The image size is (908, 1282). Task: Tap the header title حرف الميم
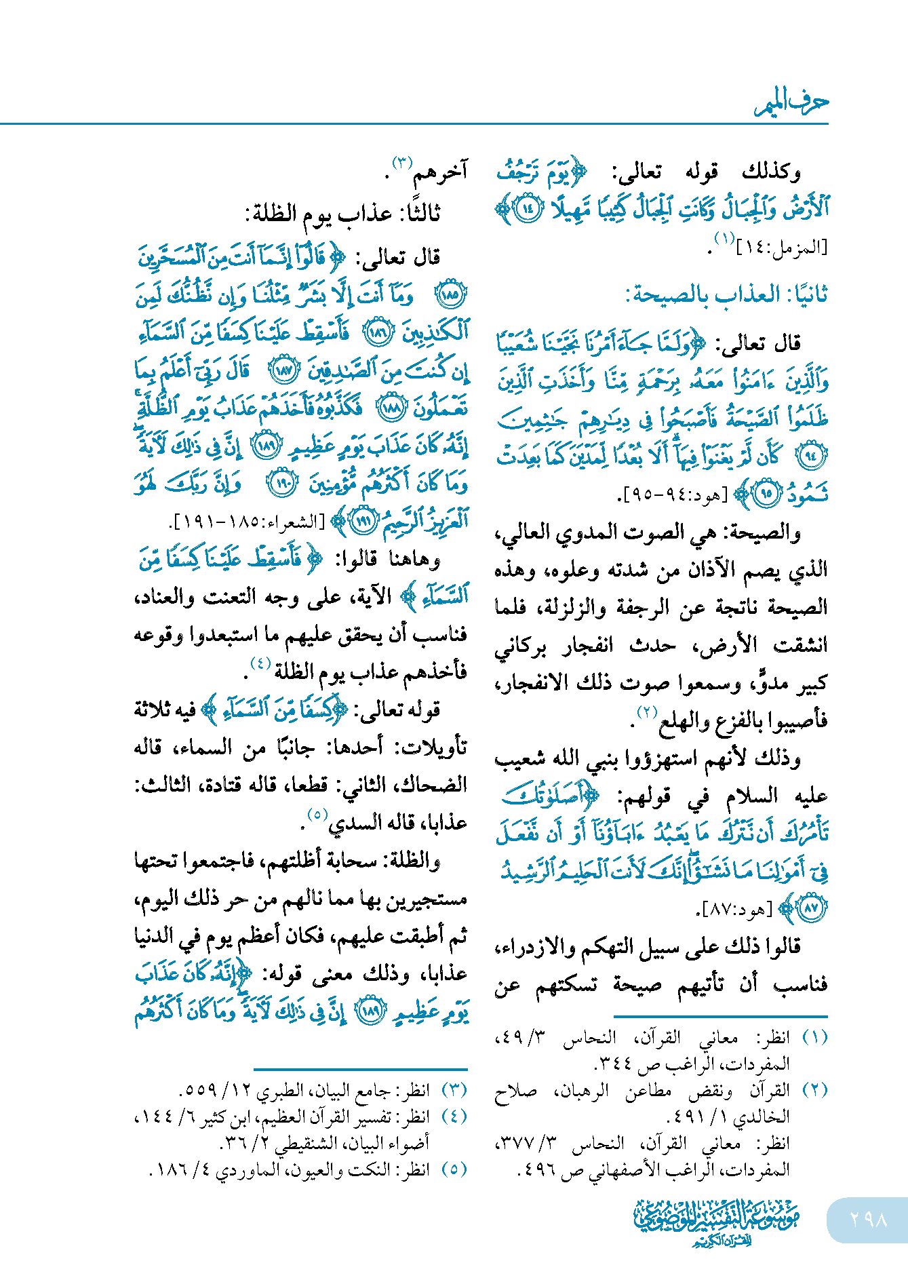click(x=792, y=102)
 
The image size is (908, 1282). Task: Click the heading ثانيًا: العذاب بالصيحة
click(x=726, y=295)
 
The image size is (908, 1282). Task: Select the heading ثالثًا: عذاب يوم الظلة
click(x=342, y=213)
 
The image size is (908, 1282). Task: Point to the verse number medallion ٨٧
click(x=811, y=908)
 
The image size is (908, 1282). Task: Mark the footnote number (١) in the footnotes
click(x=814, y=1038)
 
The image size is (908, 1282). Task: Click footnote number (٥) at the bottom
click(x=454, y=1169)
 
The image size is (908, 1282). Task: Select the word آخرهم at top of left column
click(x=440, y=172)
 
